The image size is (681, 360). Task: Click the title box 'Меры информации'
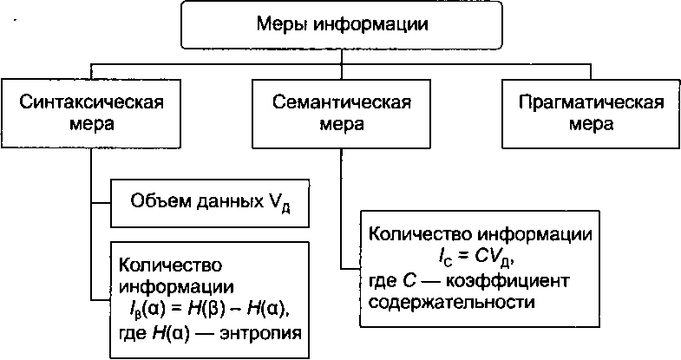[344, 24]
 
